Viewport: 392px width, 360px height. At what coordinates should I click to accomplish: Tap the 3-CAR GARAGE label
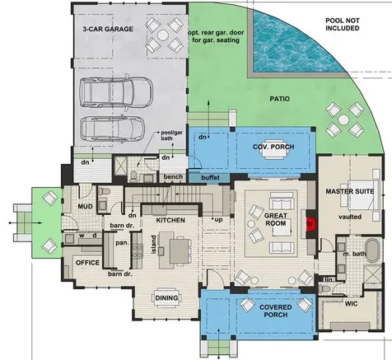pyautogui.click(x=108, y=29)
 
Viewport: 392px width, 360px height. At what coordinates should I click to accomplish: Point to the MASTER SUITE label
pyautogui.click(x=350, y=191)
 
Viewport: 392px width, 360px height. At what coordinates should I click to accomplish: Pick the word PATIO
pyautogui.click(x=279, y=99)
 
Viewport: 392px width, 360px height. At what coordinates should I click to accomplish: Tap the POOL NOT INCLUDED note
pyautogui.click(x=343, y=24)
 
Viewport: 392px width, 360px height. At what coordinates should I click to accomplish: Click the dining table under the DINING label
pyautogui.click(x=166, y=298)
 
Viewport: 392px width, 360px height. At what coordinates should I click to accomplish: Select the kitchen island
pyautogui.click(x=166, y=250)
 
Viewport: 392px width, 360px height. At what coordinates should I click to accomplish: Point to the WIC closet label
pyautogui.click(x=351, y=304)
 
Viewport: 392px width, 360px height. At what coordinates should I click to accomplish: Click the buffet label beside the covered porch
pyautogui.click(x=210, y=178)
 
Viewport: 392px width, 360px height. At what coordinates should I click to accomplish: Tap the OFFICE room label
pyautogui.click(x=87, y=263)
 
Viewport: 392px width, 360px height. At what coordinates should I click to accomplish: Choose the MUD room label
pyautogui.click(x=85, y=207)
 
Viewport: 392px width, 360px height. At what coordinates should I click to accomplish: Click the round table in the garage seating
pyautogui.click(x=163, y=35)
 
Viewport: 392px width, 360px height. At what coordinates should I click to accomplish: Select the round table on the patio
pyautogui.click(x=343, y=119)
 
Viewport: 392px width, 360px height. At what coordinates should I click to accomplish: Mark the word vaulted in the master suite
pyautogui.click(x=350, y=217)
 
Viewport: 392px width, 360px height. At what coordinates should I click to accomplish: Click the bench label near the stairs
pyautogui.click(x=173, y=177)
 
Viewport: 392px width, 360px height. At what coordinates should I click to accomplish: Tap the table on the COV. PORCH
pyautogui.click(x=273, y=154)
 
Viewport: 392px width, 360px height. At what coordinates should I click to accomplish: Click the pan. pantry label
pyautogui.click(x=122, y=243)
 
